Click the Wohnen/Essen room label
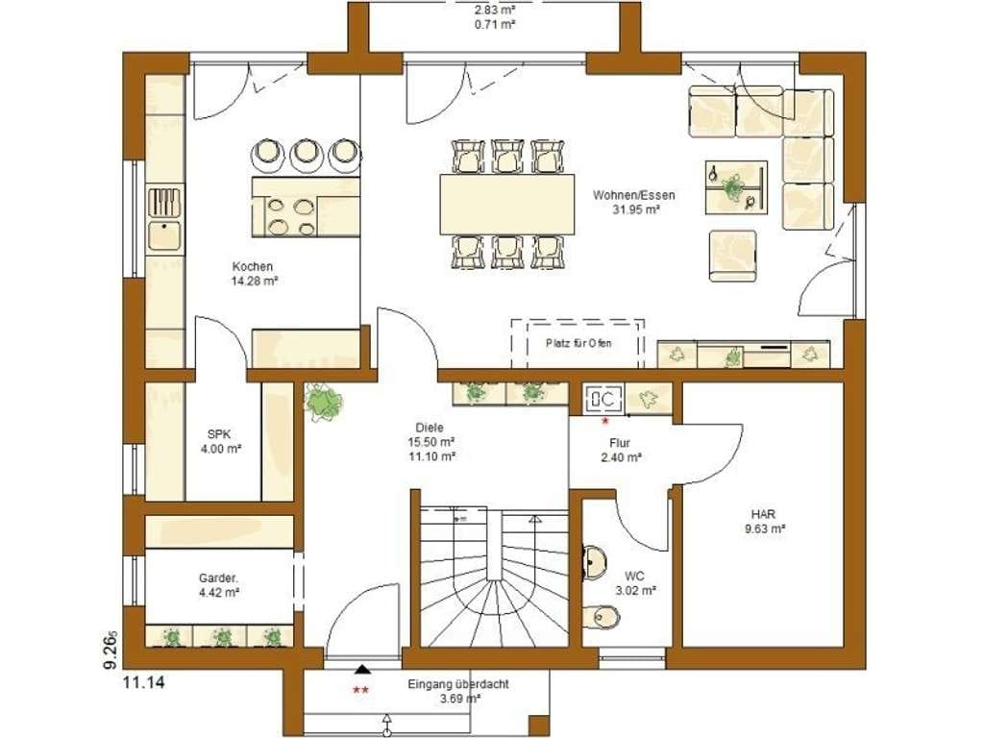pos(634,202)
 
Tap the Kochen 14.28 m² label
pos(254,274)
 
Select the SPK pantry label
pos(219,441)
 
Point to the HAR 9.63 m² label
pos(765,521)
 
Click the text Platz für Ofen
pos(578,343)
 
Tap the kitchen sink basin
pos(164,236)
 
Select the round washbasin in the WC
pos(595,560)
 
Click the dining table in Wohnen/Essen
pos(507,204)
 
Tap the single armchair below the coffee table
pos(733,256)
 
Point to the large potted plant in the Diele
pos(323,403)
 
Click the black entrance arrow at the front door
pos(362,669)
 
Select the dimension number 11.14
pos(144,683)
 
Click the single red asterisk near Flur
pos(605,422)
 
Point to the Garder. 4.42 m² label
pos(218,584)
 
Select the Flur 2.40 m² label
pos(620,450)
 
